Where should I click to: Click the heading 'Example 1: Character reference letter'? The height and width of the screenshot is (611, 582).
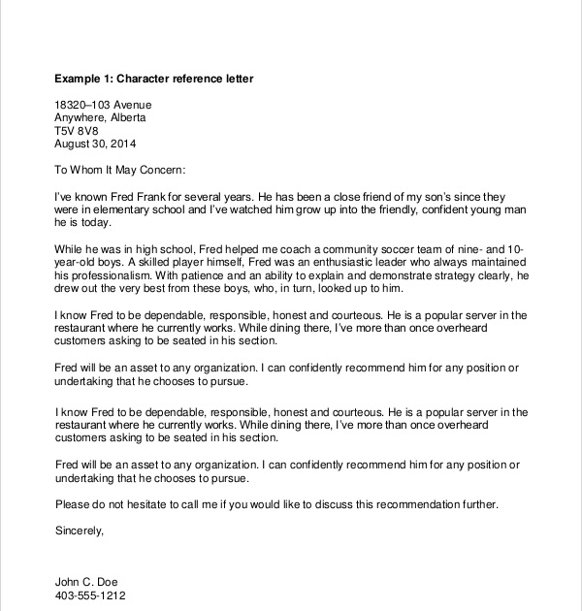point(154,78)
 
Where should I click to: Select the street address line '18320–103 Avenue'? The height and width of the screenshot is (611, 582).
point(103,105)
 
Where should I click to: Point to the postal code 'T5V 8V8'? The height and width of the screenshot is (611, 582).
point(77,130)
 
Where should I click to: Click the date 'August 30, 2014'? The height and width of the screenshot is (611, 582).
point(97,144)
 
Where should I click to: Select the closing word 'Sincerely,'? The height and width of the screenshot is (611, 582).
point(79,531)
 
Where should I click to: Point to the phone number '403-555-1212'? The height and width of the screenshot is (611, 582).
point(90,595)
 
